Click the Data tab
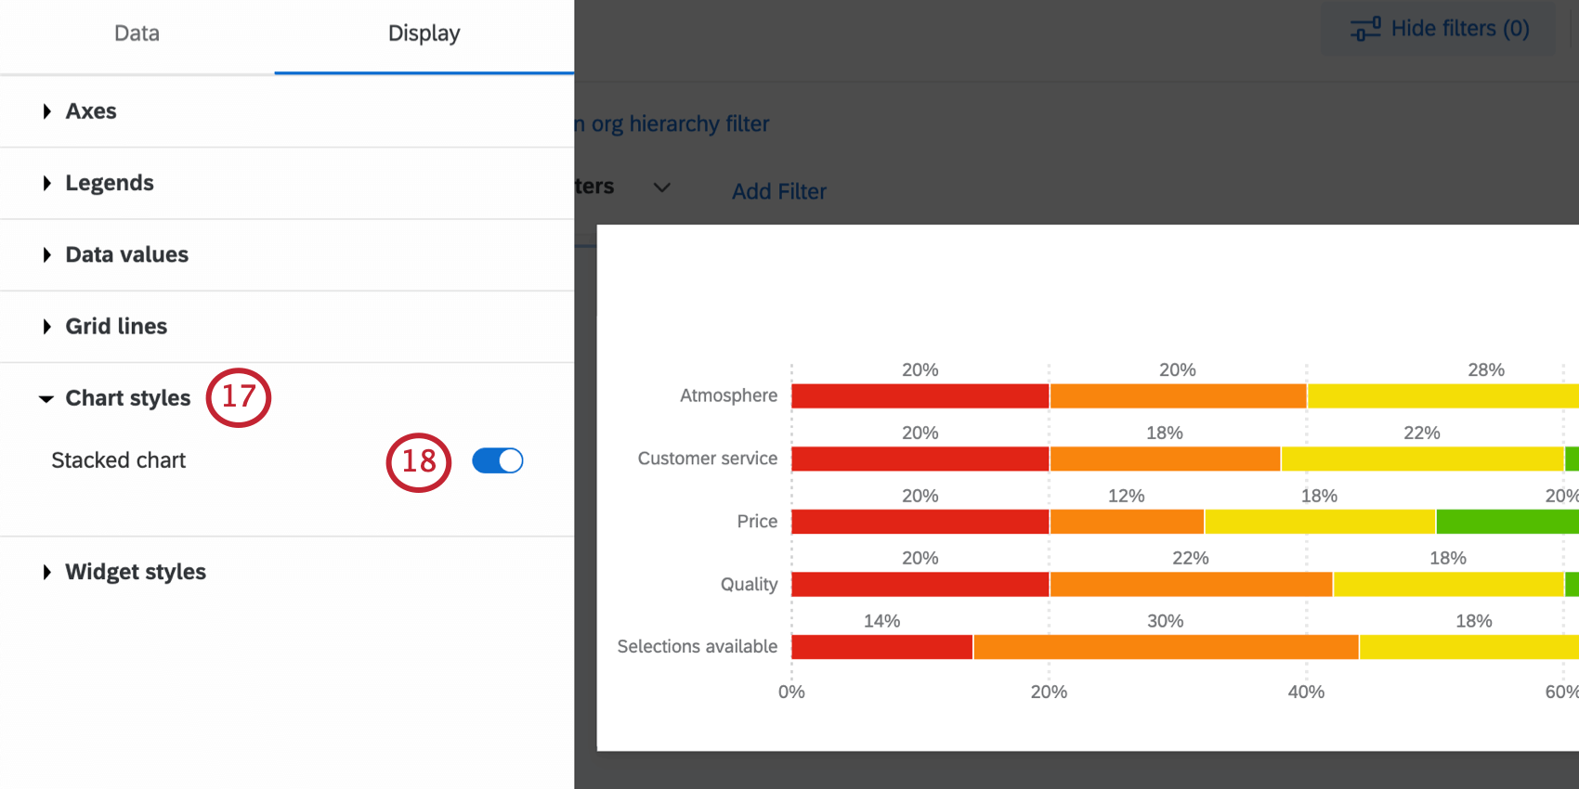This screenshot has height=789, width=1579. pos(137,33)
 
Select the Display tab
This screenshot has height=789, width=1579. pos(424,33)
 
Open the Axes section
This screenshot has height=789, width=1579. pos(90,111)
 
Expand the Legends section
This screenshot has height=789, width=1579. pos(109,183)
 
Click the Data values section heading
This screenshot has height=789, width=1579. pos(126,254)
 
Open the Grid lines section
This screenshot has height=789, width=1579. pos(116,327)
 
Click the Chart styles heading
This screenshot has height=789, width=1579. pos(127,398)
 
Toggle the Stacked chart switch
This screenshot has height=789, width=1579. pos(498,460)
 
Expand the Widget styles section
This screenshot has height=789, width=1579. pos(135,572)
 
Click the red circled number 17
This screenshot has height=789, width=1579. pos(239,397)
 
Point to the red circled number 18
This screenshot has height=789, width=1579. pos(419,461)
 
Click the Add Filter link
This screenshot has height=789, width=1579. pos(778,191)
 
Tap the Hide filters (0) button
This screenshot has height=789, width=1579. pos(1440,30)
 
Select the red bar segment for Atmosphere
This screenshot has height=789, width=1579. pos(920,396)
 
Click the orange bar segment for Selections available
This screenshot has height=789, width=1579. pos(1166,647)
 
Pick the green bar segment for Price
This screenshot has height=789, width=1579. pos(1507,522)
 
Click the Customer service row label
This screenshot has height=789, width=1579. pos(707,459)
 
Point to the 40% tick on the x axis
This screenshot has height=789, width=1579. pos(1306,692)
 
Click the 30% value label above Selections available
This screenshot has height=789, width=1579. pos(1165,621)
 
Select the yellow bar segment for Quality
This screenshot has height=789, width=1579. pos(1448,585)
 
